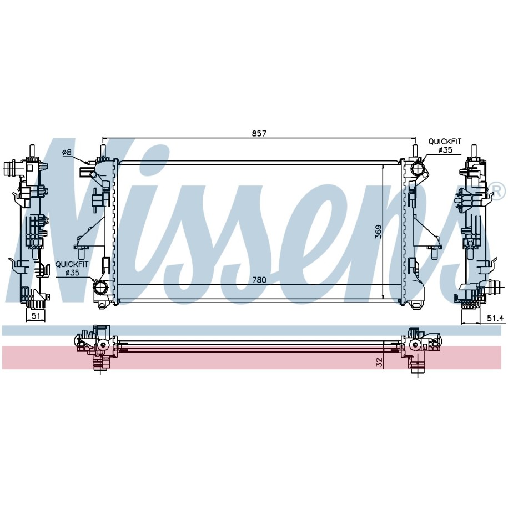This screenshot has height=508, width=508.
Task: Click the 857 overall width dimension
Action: [x=259, y=133]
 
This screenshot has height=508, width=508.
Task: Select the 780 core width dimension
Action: [x=259, y=280]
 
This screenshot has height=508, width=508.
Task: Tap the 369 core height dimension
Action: [x=378, y=232]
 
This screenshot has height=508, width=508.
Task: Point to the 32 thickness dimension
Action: [x=379, y=362]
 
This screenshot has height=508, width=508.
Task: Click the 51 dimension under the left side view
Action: [x=36, y=316]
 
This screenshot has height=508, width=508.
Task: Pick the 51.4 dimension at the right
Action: [x=495, y=319]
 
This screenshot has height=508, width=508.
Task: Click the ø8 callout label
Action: [x=67, y=152]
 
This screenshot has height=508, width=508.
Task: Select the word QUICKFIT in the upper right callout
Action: [x=445, y=142]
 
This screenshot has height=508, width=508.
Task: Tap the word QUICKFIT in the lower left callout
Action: [x=72, y=264]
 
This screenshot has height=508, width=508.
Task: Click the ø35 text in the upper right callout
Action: [x=445, y=150]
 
